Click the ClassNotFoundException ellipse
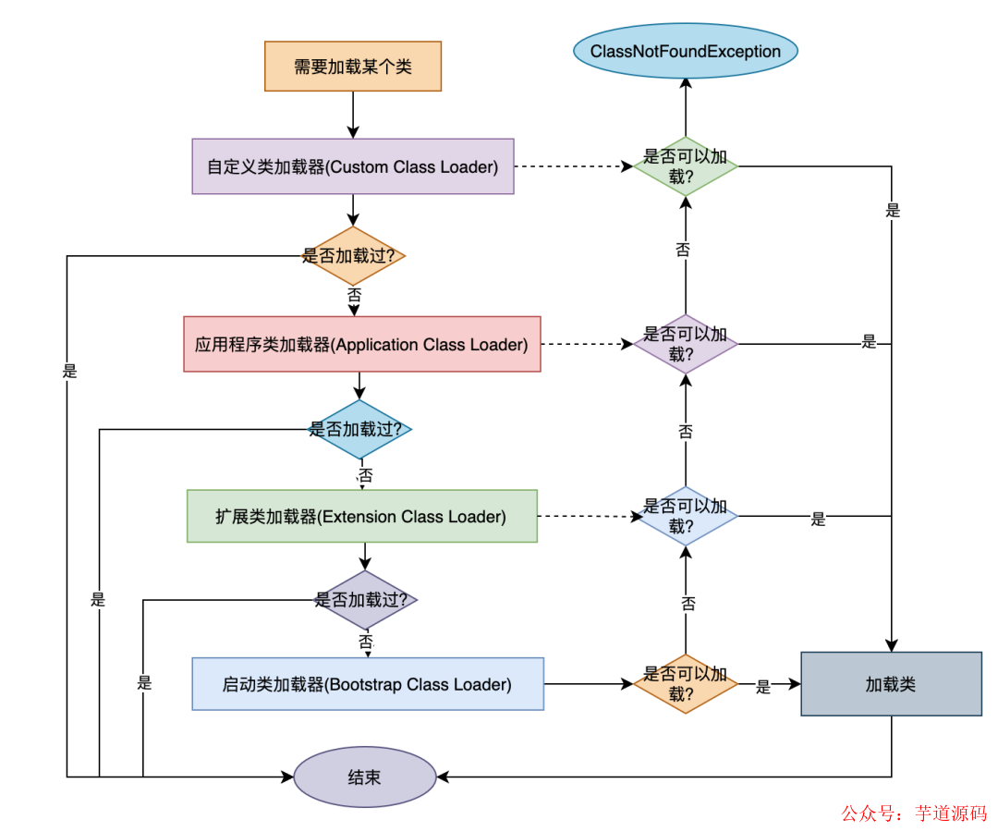[x=685, y=51]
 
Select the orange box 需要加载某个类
[x=353, y=66]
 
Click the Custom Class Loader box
[x=353, y=166]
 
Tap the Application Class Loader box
[x=361, y=345]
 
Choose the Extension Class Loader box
[x=361, y=516]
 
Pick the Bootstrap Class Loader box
[x=367, y=684]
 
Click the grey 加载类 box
[x=891, y=684]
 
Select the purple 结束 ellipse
[x=364, y=777]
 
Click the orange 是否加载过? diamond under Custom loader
[x=353, y=256]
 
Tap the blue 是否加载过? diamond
[x=359, y=430]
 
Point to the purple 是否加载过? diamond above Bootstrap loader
[x=366, y=600]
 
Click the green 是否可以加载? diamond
[x=685, y=166]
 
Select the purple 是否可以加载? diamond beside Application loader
[x=685, y=344]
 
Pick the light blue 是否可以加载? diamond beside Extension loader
[x=685, y=516]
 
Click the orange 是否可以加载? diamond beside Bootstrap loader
[x=685, y=684]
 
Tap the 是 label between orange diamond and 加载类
[x=763, y=687]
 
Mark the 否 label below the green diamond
[x=683, y=250]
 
